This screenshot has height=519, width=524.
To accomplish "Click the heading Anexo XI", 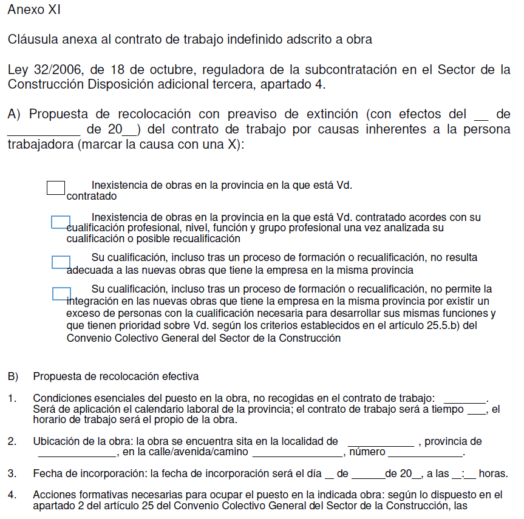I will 34,10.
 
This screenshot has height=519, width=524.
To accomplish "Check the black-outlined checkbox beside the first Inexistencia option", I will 56,188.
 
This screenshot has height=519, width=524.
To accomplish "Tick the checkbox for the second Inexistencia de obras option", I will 61,222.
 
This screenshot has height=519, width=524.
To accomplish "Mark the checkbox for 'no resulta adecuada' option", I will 61,262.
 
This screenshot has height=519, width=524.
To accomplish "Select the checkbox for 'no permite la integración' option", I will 61,294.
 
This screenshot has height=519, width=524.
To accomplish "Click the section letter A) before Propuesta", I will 15,114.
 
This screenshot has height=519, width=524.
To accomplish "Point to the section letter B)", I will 13,377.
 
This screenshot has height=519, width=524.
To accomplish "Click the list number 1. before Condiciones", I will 12,398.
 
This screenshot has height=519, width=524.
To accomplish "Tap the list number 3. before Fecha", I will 12,473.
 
